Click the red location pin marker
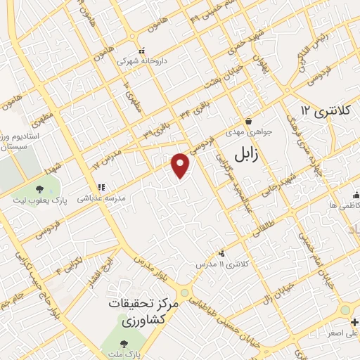(181, 165)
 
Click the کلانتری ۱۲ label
(325, 110)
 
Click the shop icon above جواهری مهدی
(247, 121)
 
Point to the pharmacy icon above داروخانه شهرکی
(143, 50)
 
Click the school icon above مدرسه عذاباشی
(101, 188)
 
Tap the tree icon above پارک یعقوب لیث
(39, 188)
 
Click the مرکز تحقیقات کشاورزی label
(140, 314)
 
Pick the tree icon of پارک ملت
(124, 344)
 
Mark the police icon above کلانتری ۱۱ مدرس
(221, 252)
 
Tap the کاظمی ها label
(343, 206)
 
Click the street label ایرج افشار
(90, 271)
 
